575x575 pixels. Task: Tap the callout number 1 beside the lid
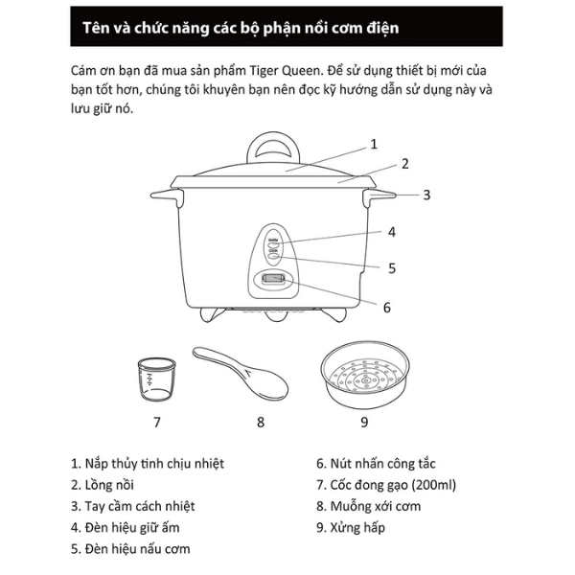coord(374,144)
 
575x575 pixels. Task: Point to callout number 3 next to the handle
coord(426,195)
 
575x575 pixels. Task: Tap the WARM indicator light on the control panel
coord(273,244)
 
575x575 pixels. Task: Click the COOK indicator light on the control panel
coord(273,256)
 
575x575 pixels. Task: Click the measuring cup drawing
coord(156,379)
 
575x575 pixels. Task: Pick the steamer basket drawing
coord(365,375)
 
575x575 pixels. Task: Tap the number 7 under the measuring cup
coord(157,422)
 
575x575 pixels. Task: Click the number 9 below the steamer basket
coord(364,422)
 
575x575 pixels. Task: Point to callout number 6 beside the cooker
coord(387,308)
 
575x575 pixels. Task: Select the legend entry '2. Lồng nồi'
coord(103,485)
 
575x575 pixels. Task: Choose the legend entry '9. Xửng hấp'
coord(351,527)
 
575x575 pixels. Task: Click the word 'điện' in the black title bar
coord(382,28)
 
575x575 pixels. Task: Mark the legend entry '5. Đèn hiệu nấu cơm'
coord(130,548)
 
